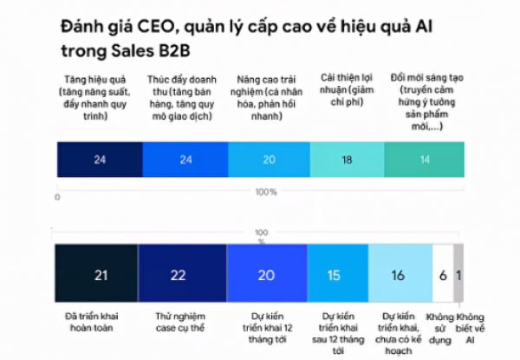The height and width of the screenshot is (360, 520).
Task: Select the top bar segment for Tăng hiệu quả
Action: [x=100, y=160]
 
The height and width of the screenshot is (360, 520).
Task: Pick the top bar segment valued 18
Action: [x=347, y=160]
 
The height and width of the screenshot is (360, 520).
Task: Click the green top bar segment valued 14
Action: [x=423, y=160]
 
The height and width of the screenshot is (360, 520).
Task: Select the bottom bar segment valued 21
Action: [x=100, y=275]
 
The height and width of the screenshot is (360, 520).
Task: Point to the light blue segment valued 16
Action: [x=399, y=275]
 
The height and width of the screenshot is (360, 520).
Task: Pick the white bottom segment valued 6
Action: [x=441, y=275]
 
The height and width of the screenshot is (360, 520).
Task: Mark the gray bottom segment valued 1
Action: [x=458, y=275]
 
